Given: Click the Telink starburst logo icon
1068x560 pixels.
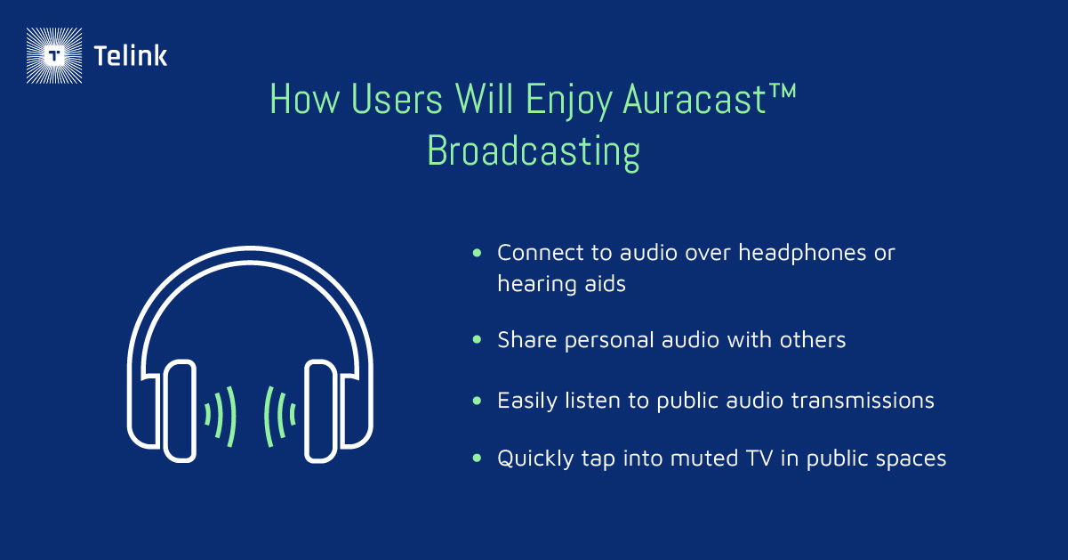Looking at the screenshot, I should (55, 56).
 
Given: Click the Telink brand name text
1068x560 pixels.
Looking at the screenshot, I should (130, 57).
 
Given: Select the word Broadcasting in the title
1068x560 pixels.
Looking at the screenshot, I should (534, 151).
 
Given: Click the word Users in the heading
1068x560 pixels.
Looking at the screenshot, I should (392, 101).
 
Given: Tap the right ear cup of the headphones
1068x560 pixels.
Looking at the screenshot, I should (321, 410).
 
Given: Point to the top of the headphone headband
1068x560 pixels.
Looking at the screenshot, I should (250, 256).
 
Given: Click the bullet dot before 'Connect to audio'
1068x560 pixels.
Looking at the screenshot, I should (478, 254).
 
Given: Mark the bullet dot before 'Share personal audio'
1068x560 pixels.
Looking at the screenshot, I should (478, 340).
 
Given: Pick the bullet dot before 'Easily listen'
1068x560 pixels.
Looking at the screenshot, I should (478, 401).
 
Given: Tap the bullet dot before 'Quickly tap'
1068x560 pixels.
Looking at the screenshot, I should (478, 459).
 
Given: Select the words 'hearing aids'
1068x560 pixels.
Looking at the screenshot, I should (561, 283).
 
